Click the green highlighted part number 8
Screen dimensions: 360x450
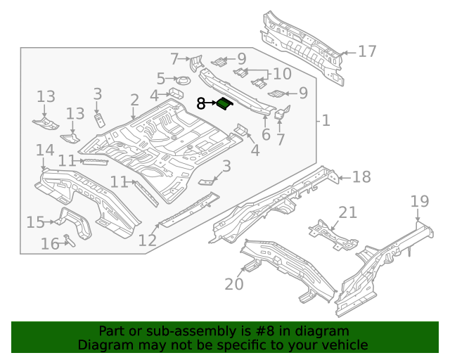pyautogui.click(x=224, y=104)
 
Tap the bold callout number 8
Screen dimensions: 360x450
pyautogui.click(x=200, y=103)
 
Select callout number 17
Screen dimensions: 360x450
pyautogui.click(x=367, y=51)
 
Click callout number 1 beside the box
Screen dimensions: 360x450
pyautogui.click(x=325, y=121)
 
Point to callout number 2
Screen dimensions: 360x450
pyautogui.click(x=134, y=101)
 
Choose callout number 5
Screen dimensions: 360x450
pyautogui.click(x=161, y=79)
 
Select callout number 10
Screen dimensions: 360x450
pyautogui.click(x=281, y=74)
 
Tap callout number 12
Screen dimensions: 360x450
pyautogui.click(x=147, y=240)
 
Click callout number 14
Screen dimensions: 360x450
pyautogui.click(x=45, y=150)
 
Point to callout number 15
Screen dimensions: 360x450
pyautogui.click(x=35, y=223)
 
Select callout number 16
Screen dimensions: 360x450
pyautogui.click(x=49, y=244)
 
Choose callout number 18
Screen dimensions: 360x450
pyautogui.click(x=361, y=177)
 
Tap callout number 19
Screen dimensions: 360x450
pyautogui.click(x=419, y=202)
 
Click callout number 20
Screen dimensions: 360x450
pyautogui.click(x=233, y=284)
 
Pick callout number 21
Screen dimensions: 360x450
pyautogui.click(x=348, y=212)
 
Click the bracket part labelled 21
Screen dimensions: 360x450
pyautogui.click(x=330, y=232)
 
